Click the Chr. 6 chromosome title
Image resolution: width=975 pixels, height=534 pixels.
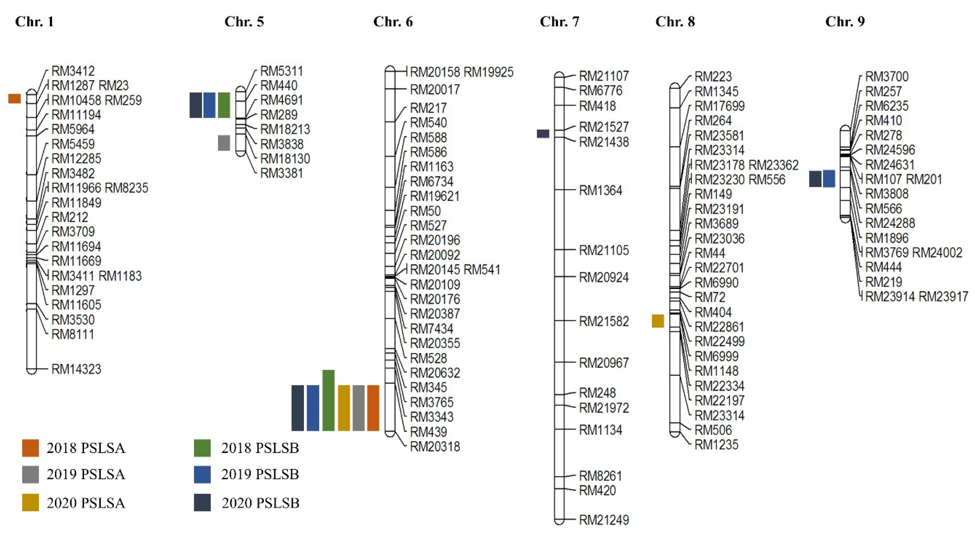pos(393,22)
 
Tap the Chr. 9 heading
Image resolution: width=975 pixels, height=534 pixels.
pos(845,22)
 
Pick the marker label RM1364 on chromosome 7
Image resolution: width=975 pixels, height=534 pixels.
pos(601,190)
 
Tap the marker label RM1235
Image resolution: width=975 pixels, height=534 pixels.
pos(717,445)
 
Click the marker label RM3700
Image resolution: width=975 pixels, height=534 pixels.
pos(887,77)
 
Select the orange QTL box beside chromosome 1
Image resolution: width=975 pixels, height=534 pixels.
pos(14,99)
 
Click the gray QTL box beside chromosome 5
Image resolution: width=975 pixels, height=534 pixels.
pos(224,143)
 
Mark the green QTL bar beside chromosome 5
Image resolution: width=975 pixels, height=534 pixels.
pos(224,105)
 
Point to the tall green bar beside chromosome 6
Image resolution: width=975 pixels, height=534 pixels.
pos(328,400)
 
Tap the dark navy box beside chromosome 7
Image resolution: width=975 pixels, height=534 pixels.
pos(543,134)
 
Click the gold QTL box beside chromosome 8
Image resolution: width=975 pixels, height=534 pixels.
pos(658,321)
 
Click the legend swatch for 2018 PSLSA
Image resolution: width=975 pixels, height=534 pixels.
pos(30,448)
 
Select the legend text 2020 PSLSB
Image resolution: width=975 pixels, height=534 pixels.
pos(260,503)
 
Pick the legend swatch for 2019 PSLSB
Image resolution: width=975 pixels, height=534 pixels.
pos(202,474)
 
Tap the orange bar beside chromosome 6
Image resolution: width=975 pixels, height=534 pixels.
pos(373,408)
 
